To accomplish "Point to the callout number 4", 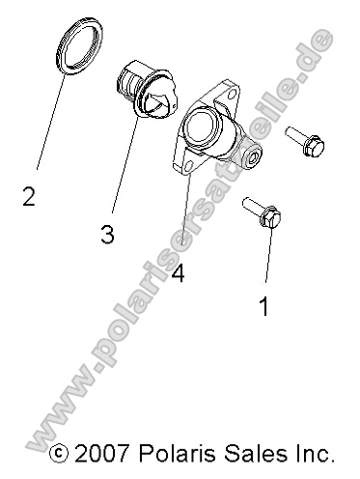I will (x=177, y=273).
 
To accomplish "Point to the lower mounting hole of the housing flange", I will (x=186, y=171).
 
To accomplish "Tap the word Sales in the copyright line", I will (x=255, y=452).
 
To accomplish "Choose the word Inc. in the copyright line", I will (x=314, y=452).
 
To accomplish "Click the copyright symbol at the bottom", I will (x=59, y=453).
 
